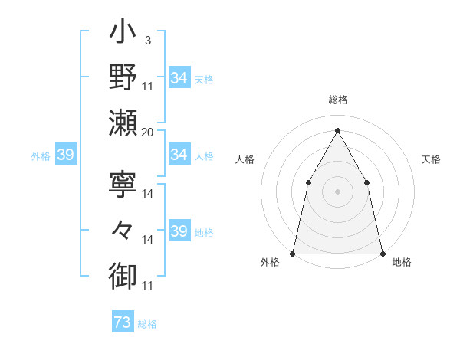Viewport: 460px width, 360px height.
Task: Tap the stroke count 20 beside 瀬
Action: [x=148, y=133]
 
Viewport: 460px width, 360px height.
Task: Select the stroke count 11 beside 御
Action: [x=148, y=286]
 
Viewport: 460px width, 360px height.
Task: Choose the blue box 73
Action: [x=122, y=322]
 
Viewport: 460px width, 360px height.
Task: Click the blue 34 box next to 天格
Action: [x=179, y=78]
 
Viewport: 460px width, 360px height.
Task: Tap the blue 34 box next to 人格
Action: [x=179, y=155]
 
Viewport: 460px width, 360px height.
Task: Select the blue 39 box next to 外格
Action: [x=65, y=155]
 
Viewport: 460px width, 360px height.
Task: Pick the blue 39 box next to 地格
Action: [x=179, y=231]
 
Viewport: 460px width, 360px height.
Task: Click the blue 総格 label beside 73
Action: [x=147, y=324]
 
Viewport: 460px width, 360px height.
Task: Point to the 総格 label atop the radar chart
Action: [x=337, y=100]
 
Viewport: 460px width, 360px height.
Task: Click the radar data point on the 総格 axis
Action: [x=337, y=129]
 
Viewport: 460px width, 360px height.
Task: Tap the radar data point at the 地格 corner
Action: [x=382, y=253]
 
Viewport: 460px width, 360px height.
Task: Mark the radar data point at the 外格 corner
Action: [x=293, y=253]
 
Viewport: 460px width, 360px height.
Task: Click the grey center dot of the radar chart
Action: [x=337, y=191]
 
